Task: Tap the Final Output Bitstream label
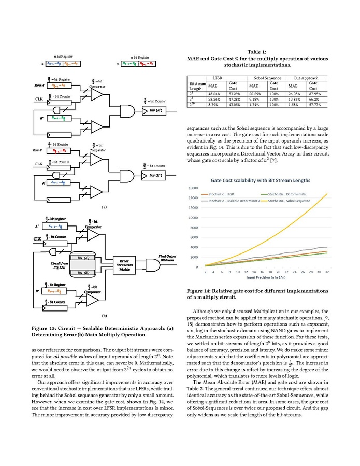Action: click(x=168, y=257)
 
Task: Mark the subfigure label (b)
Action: click(x=104, y=315)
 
